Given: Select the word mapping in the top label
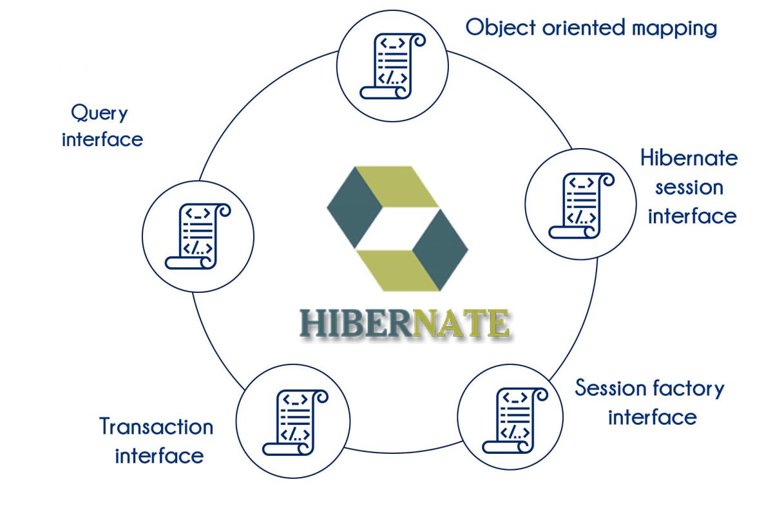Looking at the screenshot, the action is pyautogui.click(x=674, y=29).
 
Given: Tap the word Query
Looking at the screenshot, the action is pyautogui.click(x=99, y=113).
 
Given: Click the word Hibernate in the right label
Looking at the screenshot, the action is pyautogui.click(x=689, y=158).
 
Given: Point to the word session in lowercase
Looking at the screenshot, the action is pyautogui.click(x=689, y=188).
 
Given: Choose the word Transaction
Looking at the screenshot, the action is pyautogui.click(x=157, y=427).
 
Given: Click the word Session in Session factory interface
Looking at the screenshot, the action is pyautogui.click(x=611, y=388).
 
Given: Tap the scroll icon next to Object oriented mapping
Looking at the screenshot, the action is pyautogui.click(x=393, y=66).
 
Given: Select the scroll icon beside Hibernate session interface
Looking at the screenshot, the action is pyautogui.click(x=582, y=205).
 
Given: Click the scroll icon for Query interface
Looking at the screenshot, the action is pyautogui.click(x=198, y=236).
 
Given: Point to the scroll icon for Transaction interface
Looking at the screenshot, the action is pyautogui.click(x=296, y=422).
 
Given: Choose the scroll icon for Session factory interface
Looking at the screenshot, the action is pyautogui.click(x=515, y=420).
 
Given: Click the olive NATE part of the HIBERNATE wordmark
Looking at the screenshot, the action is pyautogui.click(x=461, y=323).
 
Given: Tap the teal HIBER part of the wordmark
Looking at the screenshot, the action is pyautogui.click(x=356, y=323).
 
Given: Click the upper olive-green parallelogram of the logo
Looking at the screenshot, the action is pyautogui.click(x=397, y=187).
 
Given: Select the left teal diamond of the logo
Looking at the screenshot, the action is pyautogui.click(x=354, y=207).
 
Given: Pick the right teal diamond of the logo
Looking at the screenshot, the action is pyautogui.click(x=441, y=250).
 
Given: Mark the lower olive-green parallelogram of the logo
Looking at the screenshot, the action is pyautogui.click(x=398, y=271).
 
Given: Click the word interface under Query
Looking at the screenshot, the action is pyautogui.click(x=102, y=139).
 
